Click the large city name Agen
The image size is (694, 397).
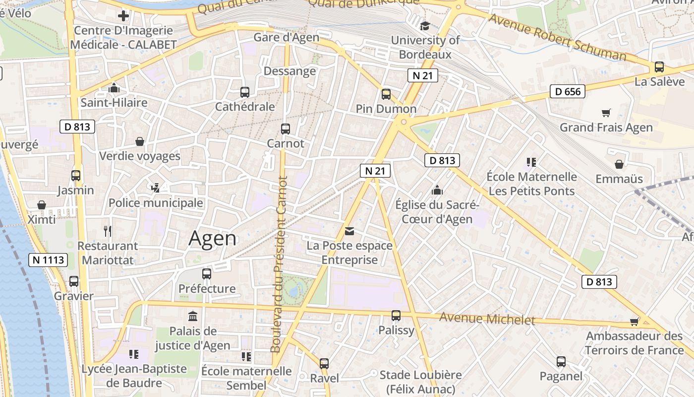click(x=213, y=239)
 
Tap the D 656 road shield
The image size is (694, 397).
click(x=568, y=91)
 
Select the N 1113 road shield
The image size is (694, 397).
click(x=48, y=260)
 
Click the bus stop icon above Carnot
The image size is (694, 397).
click(x=286, y=129)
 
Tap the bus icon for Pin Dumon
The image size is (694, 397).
click(x=386, y=94)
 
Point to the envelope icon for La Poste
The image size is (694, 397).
click(x=349, y=231)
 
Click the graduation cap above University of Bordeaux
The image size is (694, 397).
click(x=425, y=26)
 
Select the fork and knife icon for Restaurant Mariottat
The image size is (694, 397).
click(x=108, y=231)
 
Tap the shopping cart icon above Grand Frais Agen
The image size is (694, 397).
click(x=606, y=113)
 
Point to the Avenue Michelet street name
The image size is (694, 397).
click(x=487, y=319)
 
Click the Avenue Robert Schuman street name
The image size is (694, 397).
click(x=558, y=38)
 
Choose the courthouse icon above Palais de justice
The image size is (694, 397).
click(x=193, y=316)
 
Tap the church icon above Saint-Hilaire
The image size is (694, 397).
click(x=114, y=88)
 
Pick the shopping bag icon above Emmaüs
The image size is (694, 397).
click(x=619, y=164)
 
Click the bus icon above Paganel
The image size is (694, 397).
click(x=561, y=362)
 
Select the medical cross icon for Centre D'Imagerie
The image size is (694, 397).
click(x=123, y=16)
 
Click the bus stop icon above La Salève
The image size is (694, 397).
click(x=659, y=67)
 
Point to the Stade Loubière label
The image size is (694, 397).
click(x=420, y=375)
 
